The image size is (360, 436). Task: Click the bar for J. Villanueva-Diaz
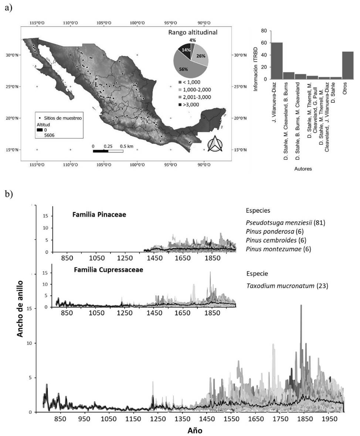coord(276,61)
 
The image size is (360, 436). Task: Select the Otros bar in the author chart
coord(347,65)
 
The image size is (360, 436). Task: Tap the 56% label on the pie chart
coord(184,69)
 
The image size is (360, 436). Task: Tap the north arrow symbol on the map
coord(214,144)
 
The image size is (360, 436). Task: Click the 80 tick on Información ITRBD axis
coord(264,31)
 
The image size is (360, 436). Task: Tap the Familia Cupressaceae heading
coord(108,270)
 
